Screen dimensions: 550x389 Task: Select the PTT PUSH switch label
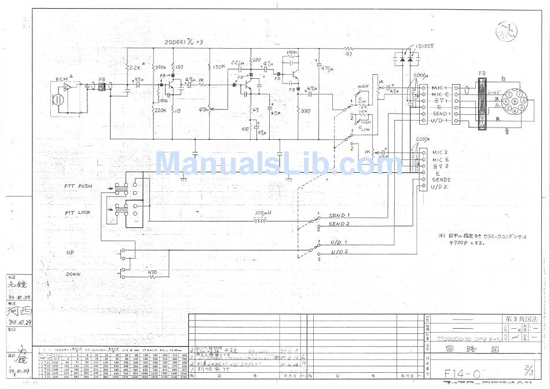pyautogui.click(x=82, y=186)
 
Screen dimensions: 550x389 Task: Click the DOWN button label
pyautogui.click(x=74, y=274)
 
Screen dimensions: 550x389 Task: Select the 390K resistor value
pyautogui.click(x=160, y=68)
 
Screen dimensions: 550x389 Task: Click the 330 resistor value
pyautogui.click(x=306, y=111)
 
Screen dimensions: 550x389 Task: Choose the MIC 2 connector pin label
pyautogui.click(x=440, y=152)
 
